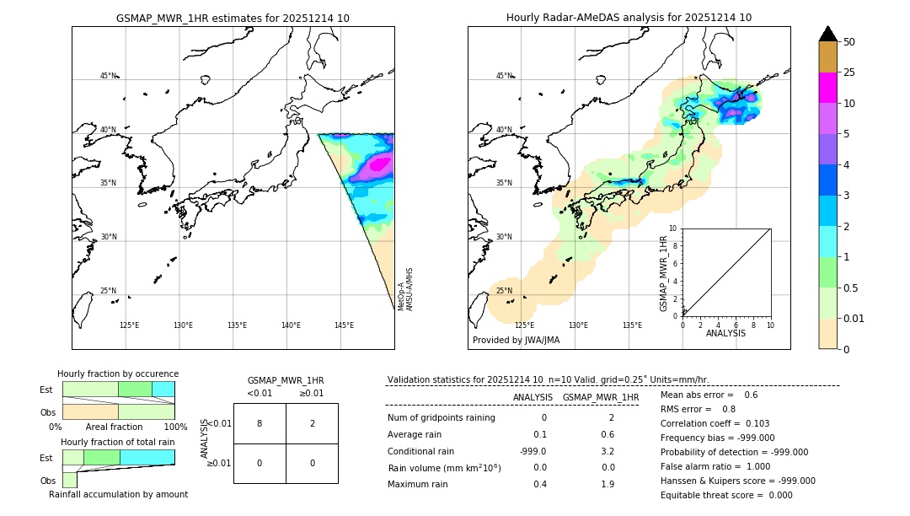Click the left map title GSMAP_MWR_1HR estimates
[x=233, y=18]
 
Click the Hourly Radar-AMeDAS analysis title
[x=629, y=18]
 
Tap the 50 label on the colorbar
[x=849, y=42]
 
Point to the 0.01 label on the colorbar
[x=854, y=318]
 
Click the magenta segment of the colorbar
[x=827, y=88]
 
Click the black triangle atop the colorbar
[x=827, y=34]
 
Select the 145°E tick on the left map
[x=344, y=325]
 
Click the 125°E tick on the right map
[x=524, y=325]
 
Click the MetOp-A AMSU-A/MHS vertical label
[x=404, y=289]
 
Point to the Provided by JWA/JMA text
[x=516, y=341]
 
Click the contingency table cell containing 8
[x=260, y=423]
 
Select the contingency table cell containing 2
[x=312, y=423]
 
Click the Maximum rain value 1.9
[x=607, y=484]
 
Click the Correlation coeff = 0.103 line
[x=715, y=423]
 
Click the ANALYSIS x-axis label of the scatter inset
[x=725, y=333]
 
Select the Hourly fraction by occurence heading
[x=118, y=374]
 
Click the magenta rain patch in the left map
[x=379, y=164]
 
